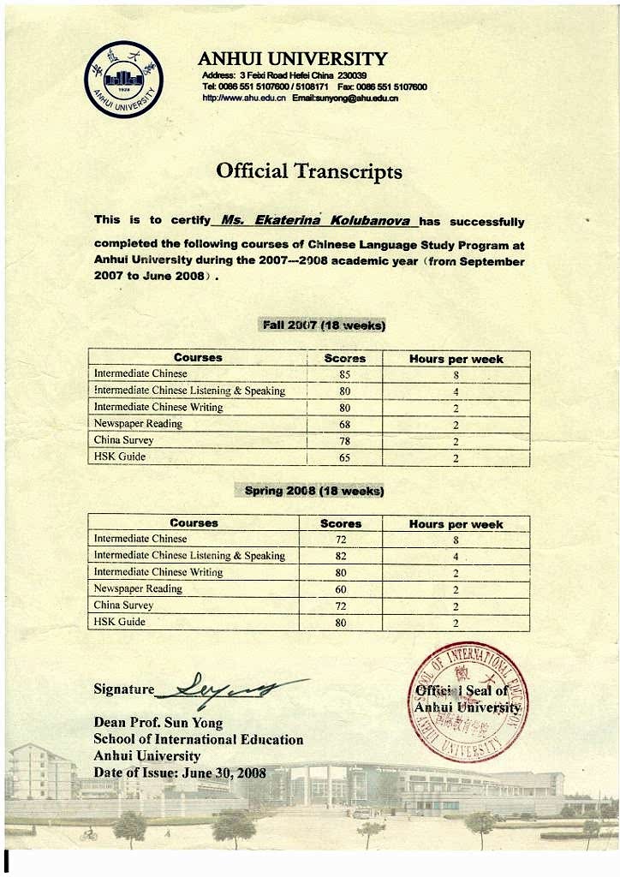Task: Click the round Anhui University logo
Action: point(123,80)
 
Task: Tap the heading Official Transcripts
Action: point(309,170)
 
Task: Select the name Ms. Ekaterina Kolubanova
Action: point(314,220)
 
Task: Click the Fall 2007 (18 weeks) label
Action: point(322,325)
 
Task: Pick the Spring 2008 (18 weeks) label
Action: point(314,491)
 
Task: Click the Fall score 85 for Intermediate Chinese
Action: point(344,374)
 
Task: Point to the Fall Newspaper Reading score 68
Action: point(344,424)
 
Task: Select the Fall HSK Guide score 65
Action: point(344,457)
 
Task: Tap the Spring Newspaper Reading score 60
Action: point(341,589)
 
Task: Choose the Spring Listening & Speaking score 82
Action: point(341,556)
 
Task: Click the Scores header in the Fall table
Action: point(344,358)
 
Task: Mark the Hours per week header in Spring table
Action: point(456,524)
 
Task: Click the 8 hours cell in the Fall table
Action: point(456,374)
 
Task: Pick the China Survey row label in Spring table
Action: point(123,606)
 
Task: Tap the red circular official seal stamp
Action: point(467,701)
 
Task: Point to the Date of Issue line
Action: point(180,773)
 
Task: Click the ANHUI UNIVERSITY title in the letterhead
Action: point(292,58)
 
